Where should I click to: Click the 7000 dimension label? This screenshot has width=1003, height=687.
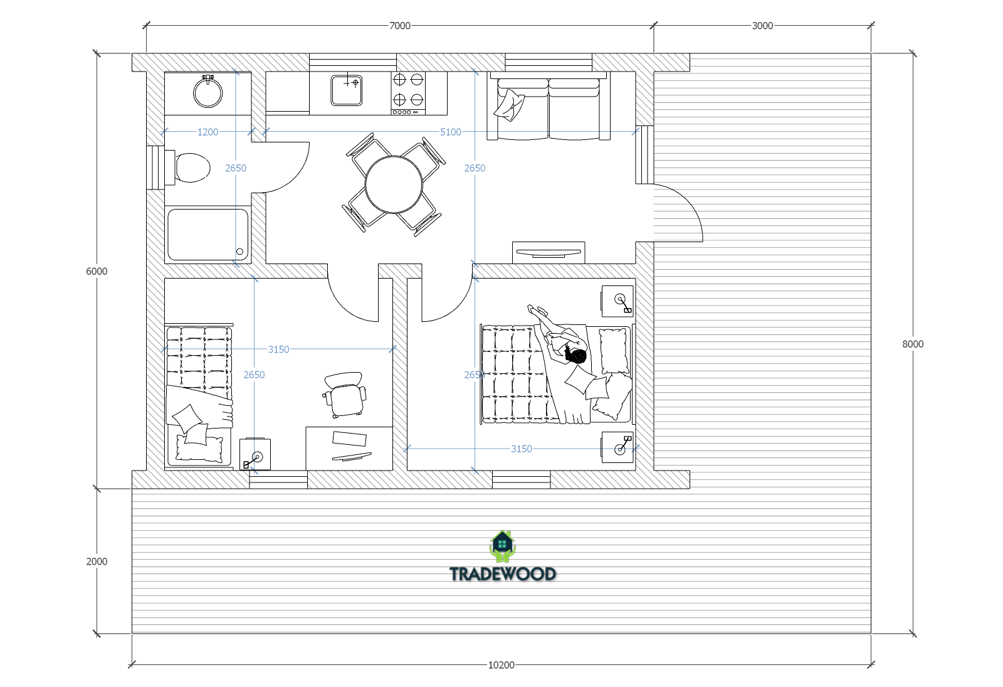[399, 26]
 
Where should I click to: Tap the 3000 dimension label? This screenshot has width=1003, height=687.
[762, 26]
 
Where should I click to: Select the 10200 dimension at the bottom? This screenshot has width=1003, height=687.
[501, 665]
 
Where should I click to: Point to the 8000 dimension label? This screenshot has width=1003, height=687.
[913, 344]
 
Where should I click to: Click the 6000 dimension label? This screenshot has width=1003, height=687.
[97, 271]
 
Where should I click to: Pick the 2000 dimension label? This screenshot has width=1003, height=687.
[97, 562]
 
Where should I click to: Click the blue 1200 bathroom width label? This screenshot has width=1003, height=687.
[207, 132]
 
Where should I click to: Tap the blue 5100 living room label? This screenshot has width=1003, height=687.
[451, 132]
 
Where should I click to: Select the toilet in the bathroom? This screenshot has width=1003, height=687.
[188, 168]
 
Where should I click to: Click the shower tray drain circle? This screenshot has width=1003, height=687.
[239, 252]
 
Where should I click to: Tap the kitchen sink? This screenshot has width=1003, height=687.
[347, 90]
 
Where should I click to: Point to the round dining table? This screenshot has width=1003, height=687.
[394, 184]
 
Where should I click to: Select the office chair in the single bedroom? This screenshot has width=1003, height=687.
[344, 395]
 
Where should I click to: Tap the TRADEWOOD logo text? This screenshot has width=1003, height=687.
[502, 574]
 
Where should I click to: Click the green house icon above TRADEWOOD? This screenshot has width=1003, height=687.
[502, 546]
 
